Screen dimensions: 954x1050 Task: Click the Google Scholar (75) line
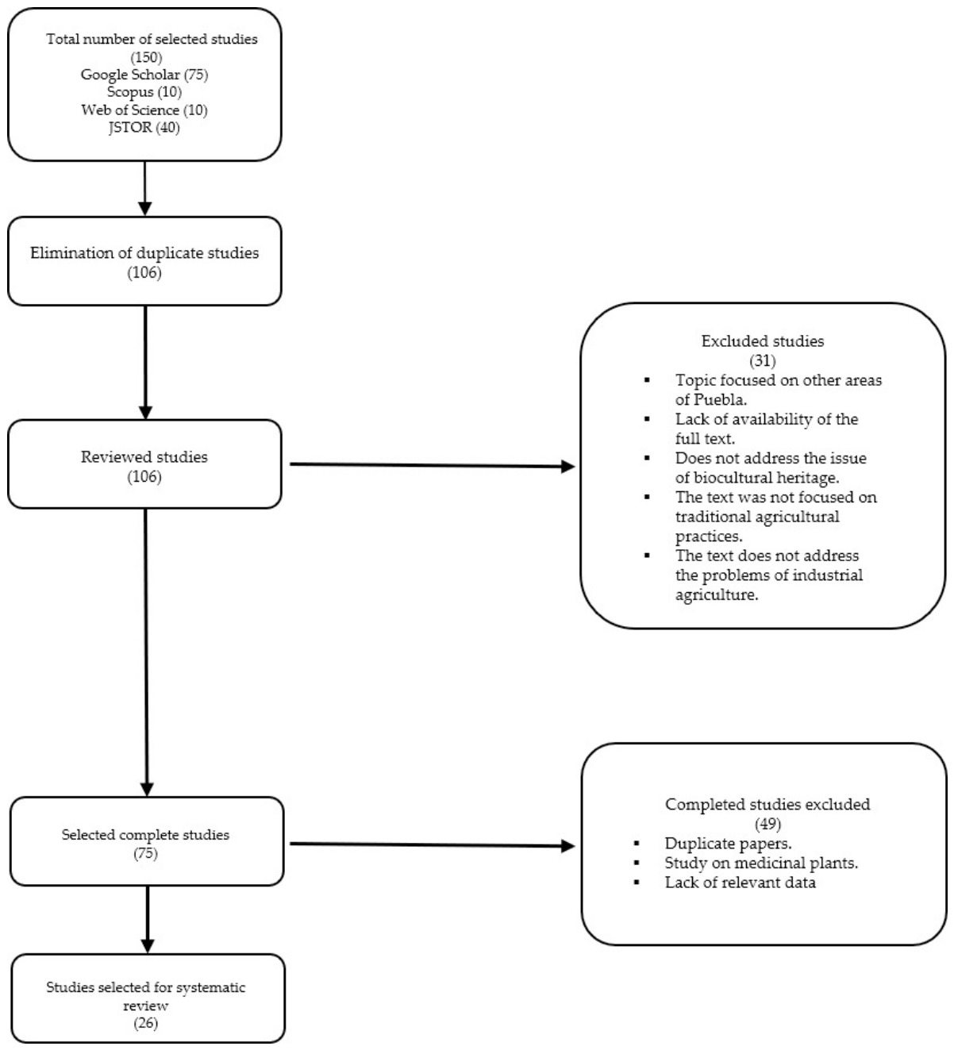click(x=144, y=75)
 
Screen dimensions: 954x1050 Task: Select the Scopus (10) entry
click(x=144, y=92)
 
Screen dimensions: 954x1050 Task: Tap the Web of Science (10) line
click(x=144, y=110)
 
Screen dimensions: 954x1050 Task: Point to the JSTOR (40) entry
click(x=144, y=128)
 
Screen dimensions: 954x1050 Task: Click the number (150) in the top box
click(x=146, y=56)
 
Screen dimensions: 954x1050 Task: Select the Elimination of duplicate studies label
click(x=144, y=253)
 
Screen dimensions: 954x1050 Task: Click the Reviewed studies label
click(x=144, y=457)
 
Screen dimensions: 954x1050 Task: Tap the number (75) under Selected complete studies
click(x=145, y=853)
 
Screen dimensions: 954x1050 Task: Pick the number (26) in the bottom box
click(x=145, y=1023)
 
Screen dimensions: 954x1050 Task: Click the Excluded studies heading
click(x=763, y=341)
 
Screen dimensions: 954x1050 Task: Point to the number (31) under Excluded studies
click(x=763, y=360)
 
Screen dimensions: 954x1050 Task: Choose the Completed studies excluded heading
click(x=767, y=804)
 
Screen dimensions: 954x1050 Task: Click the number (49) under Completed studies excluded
click(x=767, y=824)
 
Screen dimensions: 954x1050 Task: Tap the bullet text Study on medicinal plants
click(x=761, y=863)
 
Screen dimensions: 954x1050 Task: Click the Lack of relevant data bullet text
click(x=741, y=883)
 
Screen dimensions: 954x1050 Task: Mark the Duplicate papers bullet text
click(x=729, y=843)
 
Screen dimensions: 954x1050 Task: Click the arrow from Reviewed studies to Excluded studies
click(x=433, y=465)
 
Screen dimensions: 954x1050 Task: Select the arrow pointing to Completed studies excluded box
click(x=433, y=844)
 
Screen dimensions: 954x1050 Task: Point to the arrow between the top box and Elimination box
click(x=145, y=188)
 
